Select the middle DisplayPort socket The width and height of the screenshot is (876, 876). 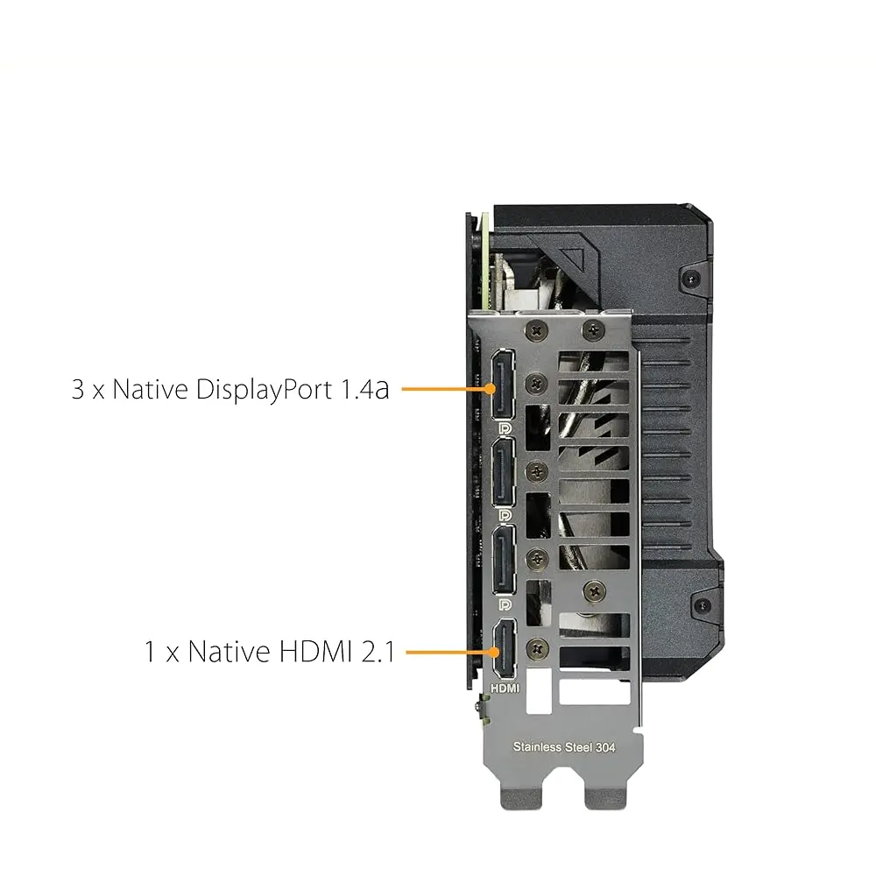[x=503, y=473]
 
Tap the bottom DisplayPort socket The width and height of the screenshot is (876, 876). [x=504, y=561]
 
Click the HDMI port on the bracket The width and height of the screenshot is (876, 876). [x=505, y=648]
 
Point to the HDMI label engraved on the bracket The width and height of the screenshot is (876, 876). [x=505, y=689]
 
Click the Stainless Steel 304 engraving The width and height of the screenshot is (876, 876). [x=564, y=747]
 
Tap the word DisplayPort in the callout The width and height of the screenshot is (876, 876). [x=264, y=391]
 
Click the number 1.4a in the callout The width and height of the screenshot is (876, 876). [x=365, y=390]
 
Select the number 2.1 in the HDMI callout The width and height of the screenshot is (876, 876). [x=378, y=652]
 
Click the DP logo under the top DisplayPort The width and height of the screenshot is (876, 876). [x=505, y=428]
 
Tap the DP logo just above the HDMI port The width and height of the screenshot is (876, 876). [x=505, y=604]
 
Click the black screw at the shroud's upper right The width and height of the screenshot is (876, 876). [x=692, y=278]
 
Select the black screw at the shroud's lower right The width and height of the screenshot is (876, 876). [x=703, y=605]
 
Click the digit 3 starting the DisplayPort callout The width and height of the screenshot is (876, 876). [x=78, y=390]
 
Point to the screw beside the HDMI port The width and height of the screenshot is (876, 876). [x=538, y=648]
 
